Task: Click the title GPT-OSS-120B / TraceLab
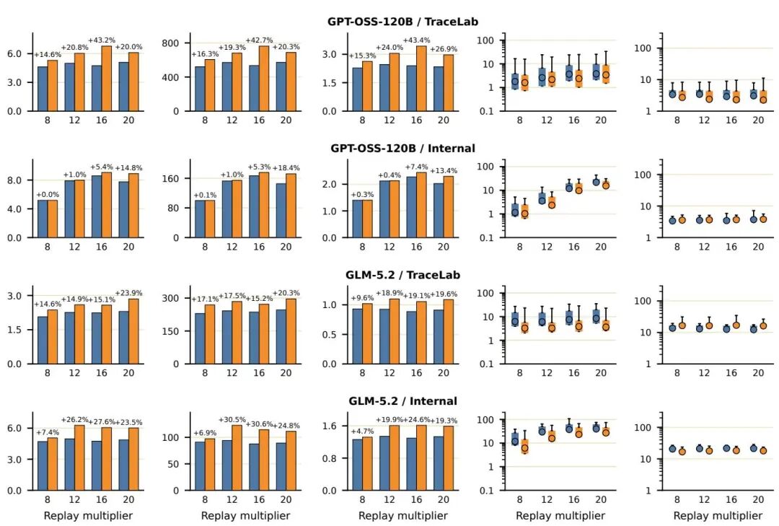pos(402,22)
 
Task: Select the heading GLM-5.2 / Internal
pos(402,400)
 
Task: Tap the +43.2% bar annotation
pos(102,40)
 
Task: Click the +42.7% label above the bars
pos(260,40)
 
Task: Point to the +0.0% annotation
pos(48,194)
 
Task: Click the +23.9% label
pos(128,293)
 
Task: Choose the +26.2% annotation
pos(75,420)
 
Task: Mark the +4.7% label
pos(362,431)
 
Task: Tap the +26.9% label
pos(444,49)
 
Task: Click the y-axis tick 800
pos(170,43)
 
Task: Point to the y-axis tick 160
pos(170,178)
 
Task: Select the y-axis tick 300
pos(170,298)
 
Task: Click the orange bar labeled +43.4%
pos(421,79)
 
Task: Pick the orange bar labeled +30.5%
pos(237,458)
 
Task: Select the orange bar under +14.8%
pos(133,206)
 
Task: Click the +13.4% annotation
pos(444,170)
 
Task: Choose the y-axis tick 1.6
pos(330,426)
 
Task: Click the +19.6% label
pos(444,294)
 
